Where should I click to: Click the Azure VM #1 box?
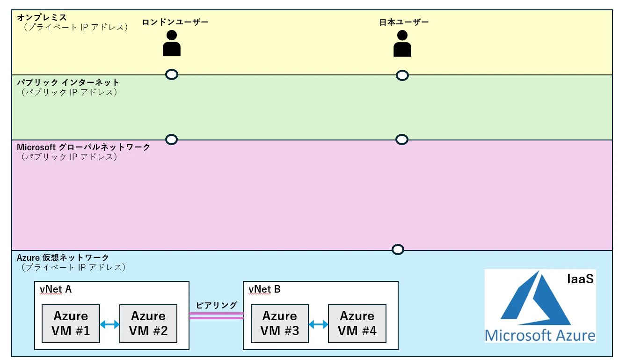(71, 323)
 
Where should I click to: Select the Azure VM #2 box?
(148, 323)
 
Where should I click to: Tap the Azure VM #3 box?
(280, 323)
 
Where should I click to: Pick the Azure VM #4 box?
(357, 323)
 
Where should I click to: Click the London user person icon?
(172, 43)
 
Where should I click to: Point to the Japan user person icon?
(402, 43)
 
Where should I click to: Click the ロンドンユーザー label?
(175, 22)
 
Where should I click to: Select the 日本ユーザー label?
(404, 22)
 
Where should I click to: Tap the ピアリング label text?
(216, 305)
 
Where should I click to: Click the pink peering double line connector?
(216, 316)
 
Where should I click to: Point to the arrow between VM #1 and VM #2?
(109, 324)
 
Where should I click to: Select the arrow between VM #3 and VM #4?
(318, 324)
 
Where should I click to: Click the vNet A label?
(56, 289)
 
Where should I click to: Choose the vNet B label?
(264, 289)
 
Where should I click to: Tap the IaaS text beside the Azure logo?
(580, 279)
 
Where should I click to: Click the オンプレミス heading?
(42, 17)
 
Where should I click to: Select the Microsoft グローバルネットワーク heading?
(83, 147)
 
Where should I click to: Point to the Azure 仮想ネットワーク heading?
(63, 257)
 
